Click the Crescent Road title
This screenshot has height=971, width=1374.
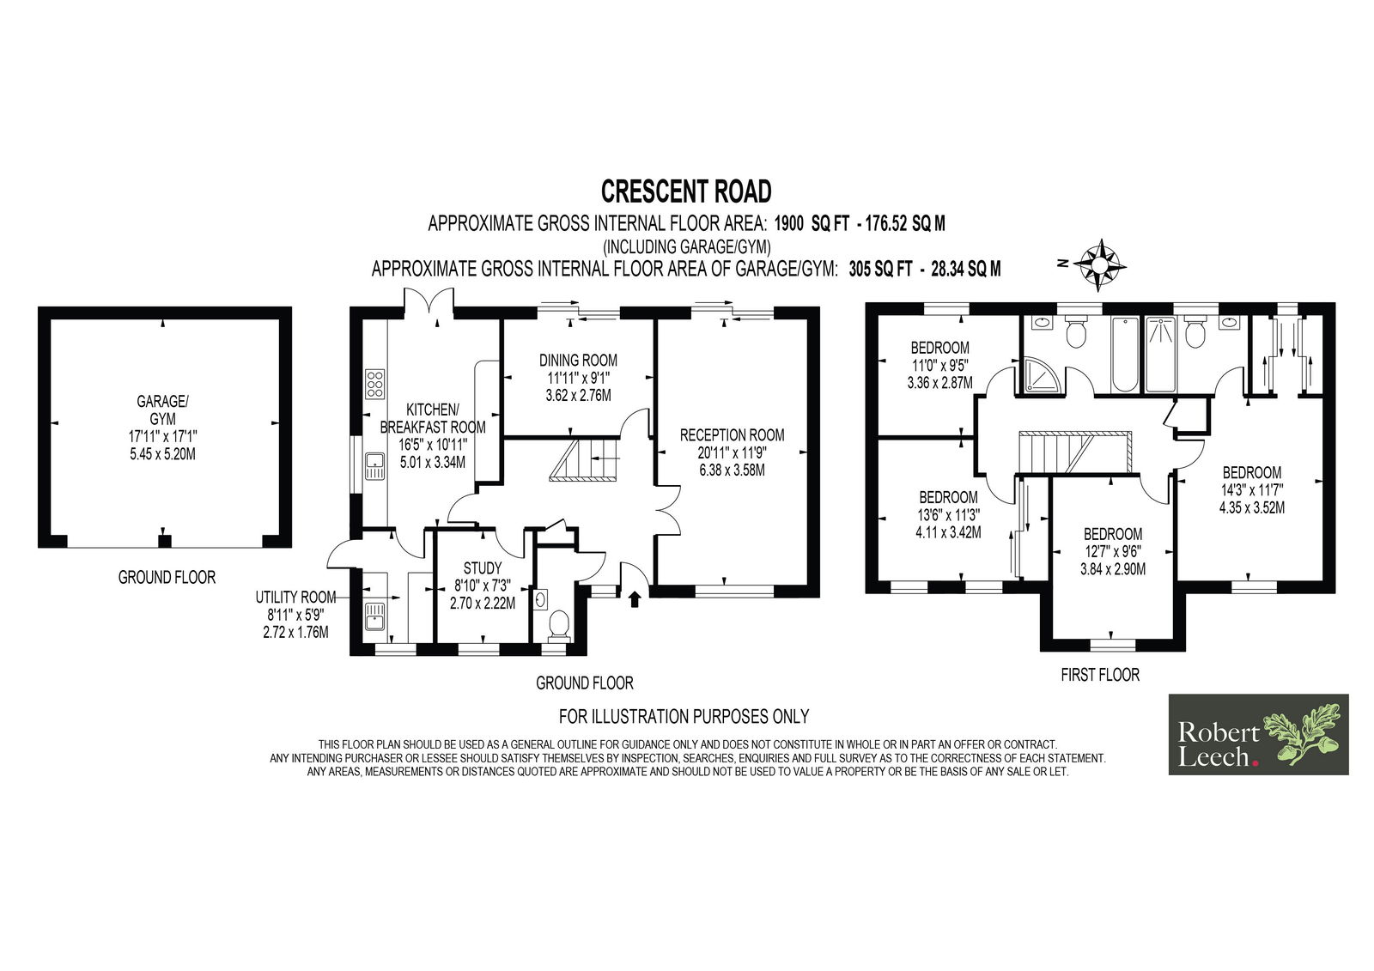(x=686, y=191)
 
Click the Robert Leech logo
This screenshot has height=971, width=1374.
(x=1258, y=734)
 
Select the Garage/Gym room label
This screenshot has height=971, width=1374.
(x=162, y=428)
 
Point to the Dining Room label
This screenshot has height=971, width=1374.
(x=578, y=377)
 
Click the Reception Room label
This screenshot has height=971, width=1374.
(x=732, y=452)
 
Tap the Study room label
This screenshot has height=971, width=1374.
(x=483, y=586)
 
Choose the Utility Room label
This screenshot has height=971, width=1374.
(x=295, y=614)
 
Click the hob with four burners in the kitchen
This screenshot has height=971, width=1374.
(x=374, y=384)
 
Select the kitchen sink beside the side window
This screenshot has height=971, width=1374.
(x=374, y=465)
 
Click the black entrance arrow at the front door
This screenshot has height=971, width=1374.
(x=635, y=598)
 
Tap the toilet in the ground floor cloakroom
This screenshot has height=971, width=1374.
(x=559, y=624)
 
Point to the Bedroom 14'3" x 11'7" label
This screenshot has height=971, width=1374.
(x=1252, y=489)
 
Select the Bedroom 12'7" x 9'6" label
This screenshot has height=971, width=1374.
(x=1113, y=551)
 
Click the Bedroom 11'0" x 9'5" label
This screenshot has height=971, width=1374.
(x=939, y=365)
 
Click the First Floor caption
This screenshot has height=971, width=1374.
(x=1100, y=675)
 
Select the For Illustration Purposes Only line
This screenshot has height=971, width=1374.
(x=684, y=716)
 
